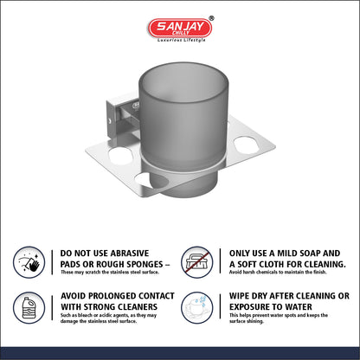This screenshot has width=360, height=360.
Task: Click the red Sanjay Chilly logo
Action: click(x=180, y=28)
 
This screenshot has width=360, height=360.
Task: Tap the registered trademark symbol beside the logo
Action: click(x=211, y=18)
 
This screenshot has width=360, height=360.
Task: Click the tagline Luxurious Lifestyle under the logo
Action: click(x=181, y=40)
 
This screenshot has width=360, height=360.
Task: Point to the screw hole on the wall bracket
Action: click(x=109, y=120)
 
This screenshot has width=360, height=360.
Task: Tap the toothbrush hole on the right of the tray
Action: click(x=247, y=145)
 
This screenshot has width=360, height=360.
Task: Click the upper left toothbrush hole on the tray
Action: click(x=120, y=156)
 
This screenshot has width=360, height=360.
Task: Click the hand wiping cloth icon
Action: click(x=29, y=262)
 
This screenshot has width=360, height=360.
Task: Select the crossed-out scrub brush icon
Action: click(x=197, y=262)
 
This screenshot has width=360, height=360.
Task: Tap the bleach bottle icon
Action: click(x=29, y=308)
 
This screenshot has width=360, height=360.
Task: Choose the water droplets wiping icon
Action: click(x=197, y=307)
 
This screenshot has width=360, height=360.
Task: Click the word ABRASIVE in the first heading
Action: click(x=130, y=254)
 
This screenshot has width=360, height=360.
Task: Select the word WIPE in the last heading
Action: click(x=239, y=296)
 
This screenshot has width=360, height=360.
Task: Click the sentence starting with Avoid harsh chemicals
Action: click(x=278, y=272)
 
